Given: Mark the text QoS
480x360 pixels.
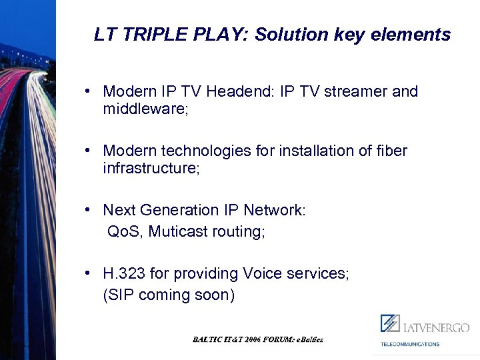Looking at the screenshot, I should tap(125, 232).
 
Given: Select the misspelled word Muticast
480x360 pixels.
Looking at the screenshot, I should tap(177, 232).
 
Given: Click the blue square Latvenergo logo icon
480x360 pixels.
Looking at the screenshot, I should tap(390, 324).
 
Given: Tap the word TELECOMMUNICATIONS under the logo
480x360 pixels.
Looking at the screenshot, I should tap(410, 344).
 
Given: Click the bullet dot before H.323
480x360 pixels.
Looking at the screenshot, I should tap(89, 273).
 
